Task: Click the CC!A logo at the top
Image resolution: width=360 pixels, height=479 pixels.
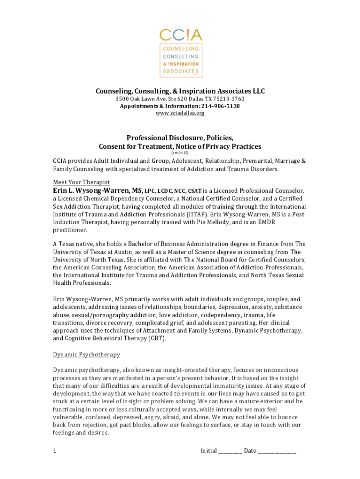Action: (180, 35)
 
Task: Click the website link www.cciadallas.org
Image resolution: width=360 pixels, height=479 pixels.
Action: (180, 113)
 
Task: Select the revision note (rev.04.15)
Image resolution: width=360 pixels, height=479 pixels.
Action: (180, 153)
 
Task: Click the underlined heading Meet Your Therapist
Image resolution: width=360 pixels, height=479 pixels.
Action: (81, 182)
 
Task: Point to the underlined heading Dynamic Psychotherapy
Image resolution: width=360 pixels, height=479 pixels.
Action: (86, 355)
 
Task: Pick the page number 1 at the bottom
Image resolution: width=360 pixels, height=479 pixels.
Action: (55, 451)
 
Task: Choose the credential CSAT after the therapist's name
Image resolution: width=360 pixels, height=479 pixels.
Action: (194, 191)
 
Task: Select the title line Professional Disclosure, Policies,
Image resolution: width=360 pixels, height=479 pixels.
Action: (180, 138)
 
